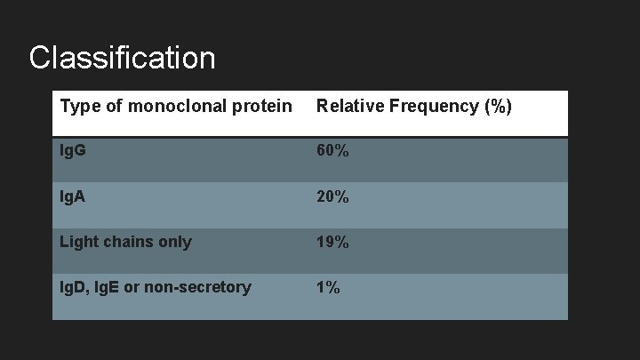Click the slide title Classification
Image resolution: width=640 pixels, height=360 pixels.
pyautogui.click(x=122, y=58)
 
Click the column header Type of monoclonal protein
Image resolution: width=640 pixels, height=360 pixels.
pyautogui.click(x=175, y=107)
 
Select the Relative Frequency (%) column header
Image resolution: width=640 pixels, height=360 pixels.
pyautogui.click(x=414, y=107)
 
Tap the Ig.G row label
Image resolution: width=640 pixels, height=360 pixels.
pyautogui.click(x=74, y=151)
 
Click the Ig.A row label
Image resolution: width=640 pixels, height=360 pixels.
pyautogui.click(x=74, y=196)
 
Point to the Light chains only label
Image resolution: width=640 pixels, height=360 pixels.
pyautogui.click(x=125, y=242)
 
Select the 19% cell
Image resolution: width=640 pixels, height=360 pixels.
pyautogui.click(x=332, y=242)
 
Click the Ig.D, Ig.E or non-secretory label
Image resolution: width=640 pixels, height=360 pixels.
pyautogui.click(x=156, y=287)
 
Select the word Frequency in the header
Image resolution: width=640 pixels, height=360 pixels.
pyautogui.click(x=433, y=107)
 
